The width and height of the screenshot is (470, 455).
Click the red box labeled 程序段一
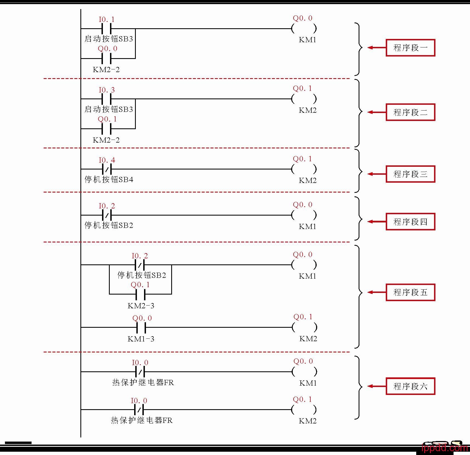410,48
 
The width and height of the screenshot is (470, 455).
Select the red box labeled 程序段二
410,112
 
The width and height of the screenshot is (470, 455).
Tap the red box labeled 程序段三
410,174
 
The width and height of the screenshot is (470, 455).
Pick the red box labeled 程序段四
410,222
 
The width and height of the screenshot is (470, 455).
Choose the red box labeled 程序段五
410,292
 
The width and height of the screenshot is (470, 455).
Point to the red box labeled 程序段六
410,386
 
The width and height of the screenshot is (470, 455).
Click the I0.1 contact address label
107,19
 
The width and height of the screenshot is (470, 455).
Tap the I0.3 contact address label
107,90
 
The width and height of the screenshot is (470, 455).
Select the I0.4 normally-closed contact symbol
107,169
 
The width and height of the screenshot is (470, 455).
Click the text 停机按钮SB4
109,180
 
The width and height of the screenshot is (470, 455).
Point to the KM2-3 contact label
141,306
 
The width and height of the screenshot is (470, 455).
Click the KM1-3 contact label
141,339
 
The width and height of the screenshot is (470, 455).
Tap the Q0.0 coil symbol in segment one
304,28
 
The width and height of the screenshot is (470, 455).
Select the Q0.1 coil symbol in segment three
304,169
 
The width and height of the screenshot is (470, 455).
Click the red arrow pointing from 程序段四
377,222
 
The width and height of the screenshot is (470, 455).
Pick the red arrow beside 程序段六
377,386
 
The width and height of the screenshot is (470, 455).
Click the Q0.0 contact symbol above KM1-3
141,327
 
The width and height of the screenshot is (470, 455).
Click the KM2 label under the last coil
308,421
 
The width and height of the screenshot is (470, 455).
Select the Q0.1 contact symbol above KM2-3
140,294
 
